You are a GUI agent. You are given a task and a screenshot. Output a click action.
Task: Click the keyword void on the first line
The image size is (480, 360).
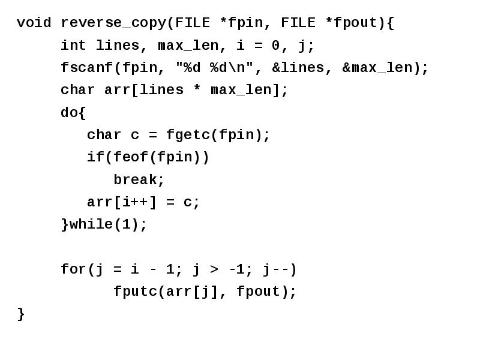(34, 23)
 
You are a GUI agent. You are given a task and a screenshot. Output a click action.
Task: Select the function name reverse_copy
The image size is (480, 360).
(113, 23)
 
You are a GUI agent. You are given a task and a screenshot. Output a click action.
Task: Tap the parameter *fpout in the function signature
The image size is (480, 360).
(351, 23)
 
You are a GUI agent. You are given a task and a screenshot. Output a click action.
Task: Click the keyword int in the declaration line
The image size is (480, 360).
(73, 46)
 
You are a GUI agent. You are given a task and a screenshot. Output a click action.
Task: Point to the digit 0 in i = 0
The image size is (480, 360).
(275, 46)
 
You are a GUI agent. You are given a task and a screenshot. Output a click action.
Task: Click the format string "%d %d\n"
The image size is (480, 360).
(215, 67)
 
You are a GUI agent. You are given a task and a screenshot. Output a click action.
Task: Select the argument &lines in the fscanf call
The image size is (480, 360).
(298, 68)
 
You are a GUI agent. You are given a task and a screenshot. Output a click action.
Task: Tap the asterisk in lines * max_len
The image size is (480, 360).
(197, 89)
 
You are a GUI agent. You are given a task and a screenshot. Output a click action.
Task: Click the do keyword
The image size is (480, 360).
(69, 112)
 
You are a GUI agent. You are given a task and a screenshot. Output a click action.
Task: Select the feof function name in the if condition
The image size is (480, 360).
(131, 157)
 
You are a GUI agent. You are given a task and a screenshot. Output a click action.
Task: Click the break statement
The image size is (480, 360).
(135, 179)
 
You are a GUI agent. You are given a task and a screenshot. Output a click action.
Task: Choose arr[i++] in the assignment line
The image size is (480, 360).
(122, 202)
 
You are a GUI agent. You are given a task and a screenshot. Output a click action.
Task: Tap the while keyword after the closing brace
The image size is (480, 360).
(91, 224)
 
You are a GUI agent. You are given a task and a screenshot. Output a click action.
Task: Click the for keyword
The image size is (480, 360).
(74, 269)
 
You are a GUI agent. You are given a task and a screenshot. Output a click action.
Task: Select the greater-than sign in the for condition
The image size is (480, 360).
(215, 269)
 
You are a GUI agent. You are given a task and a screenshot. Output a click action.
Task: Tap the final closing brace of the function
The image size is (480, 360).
(21, 314)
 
